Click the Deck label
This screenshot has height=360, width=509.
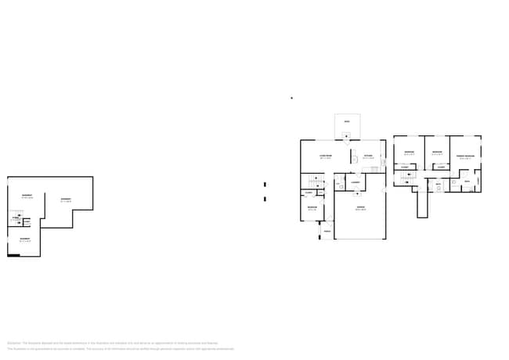tap(347, 121)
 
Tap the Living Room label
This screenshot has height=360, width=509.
tap(325, 157)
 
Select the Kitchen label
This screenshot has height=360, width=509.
tap(367, 157)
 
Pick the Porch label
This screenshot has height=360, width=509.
tap(327, 232)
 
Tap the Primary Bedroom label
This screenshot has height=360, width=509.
tap(466, 157)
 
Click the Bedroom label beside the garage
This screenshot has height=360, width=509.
tap(312, 208)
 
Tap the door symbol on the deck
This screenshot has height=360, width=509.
tap(347, 135)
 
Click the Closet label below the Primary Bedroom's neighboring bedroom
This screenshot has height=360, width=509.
tap(441, 167)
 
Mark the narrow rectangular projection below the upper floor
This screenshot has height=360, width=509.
tap(424, 204)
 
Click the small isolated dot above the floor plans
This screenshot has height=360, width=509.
tap(291, 98)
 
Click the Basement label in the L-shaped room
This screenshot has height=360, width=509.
tap(66, 199)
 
